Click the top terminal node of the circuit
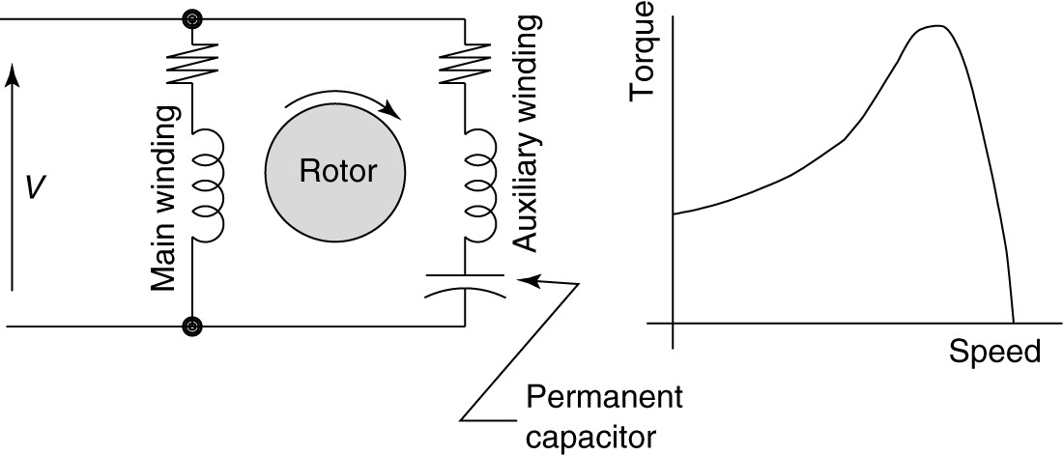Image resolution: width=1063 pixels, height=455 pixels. [x=193, y=18]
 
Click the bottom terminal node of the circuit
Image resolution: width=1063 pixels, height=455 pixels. [x=193, y=327]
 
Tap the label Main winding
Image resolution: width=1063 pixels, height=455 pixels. [x=163, y=198]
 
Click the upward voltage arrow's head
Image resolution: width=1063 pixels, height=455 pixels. [x=12, y=71]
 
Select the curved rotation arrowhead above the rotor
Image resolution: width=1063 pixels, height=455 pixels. [x=392, y=110]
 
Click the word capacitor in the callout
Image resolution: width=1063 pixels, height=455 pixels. [x=591, y=437]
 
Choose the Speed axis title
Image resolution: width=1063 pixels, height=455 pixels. [x=995, y=351]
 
